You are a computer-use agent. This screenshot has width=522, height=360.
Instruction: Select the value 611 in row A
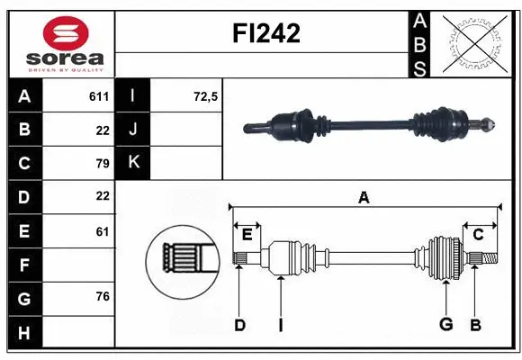(98, 96)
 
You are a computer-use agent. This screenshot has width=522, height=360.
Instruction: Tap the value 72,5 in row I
(206, 96)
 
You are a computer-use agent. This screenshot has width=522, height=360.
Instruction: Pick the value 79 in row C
(102, 163)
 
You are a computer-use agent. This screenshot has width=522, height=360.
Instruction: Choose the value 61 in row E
(102, 231)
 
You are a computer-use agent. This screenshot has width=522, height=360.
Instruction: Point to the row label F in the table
(24, 265)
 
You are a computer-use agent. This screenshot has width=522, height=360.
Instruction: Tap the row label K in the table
(134, 163)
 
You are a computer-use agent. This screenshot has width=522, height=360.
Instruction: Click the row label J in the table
(134, 130)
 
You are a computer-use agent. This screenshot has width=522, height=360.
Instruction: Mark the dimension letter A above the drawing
(364, 198)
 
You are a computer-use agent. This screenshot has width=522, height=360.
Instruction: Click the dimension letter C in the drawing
(479, 234)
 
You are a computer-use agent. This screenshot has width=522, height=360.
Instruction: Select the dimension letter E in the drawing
(247, 234)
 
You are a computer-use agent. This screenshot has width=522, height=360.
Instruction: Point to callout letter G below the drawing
(445, 325)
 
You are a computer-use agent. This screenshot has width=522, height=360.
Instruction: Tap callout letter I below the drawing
(281, 325)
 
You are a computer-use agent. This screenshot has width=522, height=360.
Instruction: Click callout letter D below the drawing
(239, 325)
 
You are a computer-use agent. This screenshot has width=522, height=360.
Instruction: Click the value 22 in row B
(102, 130)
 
